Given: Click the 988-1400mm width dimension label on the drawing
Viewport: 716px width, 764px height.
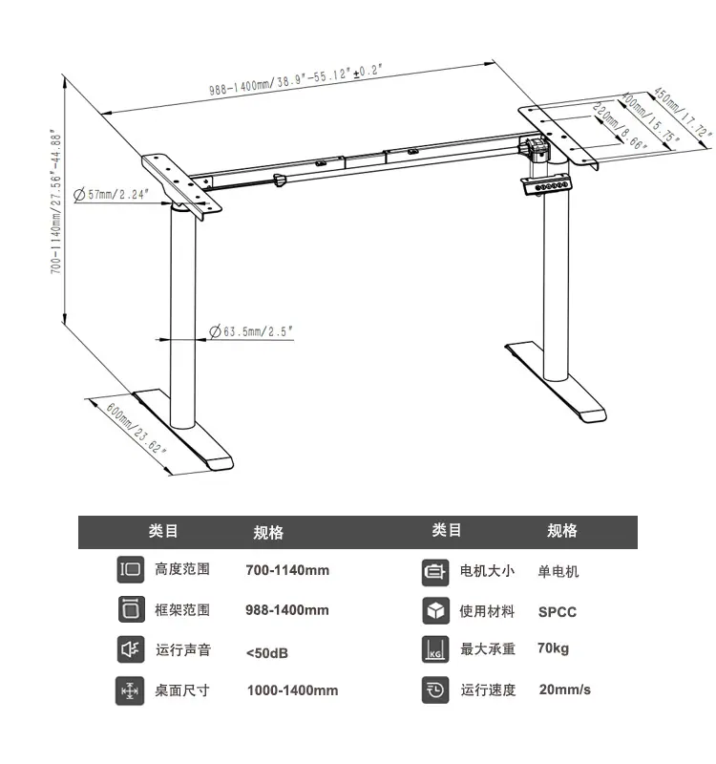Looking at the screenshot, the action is click(x=296, y=79).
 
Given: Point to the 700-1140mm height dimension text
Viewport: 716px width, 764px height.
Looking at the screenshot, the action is click(x=56, y=202).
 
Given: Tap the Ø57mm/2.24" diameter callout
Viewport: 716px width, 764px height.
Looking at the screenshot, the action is click(x=111, y=195).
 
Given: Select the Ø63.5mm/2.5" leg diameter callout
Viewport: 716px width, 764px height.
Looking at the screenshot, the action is click(x=251, y=331).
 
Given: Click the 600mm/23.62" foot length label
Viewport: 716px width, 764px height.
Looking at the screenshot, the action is click(x=137, y=429).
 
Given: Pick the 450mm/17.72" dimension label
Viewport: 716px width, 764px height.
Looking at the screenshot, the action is click(x=682, y=112).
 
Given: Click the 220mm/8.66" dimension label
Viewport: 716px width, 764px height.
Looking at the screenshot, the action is click(x=620, y=126).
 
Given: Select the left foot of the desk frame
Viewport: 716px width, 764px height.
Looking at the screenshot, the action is click(x=183, y=429).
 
